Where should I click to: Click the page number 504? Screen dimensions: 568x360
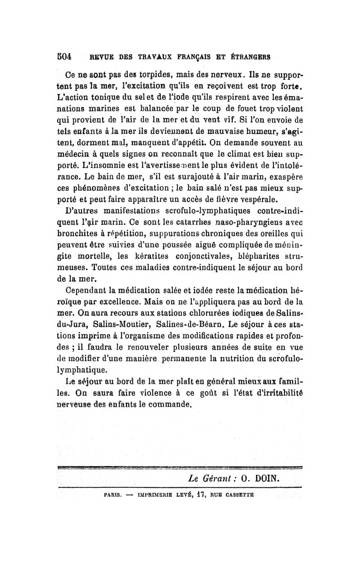click(66, 57)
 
